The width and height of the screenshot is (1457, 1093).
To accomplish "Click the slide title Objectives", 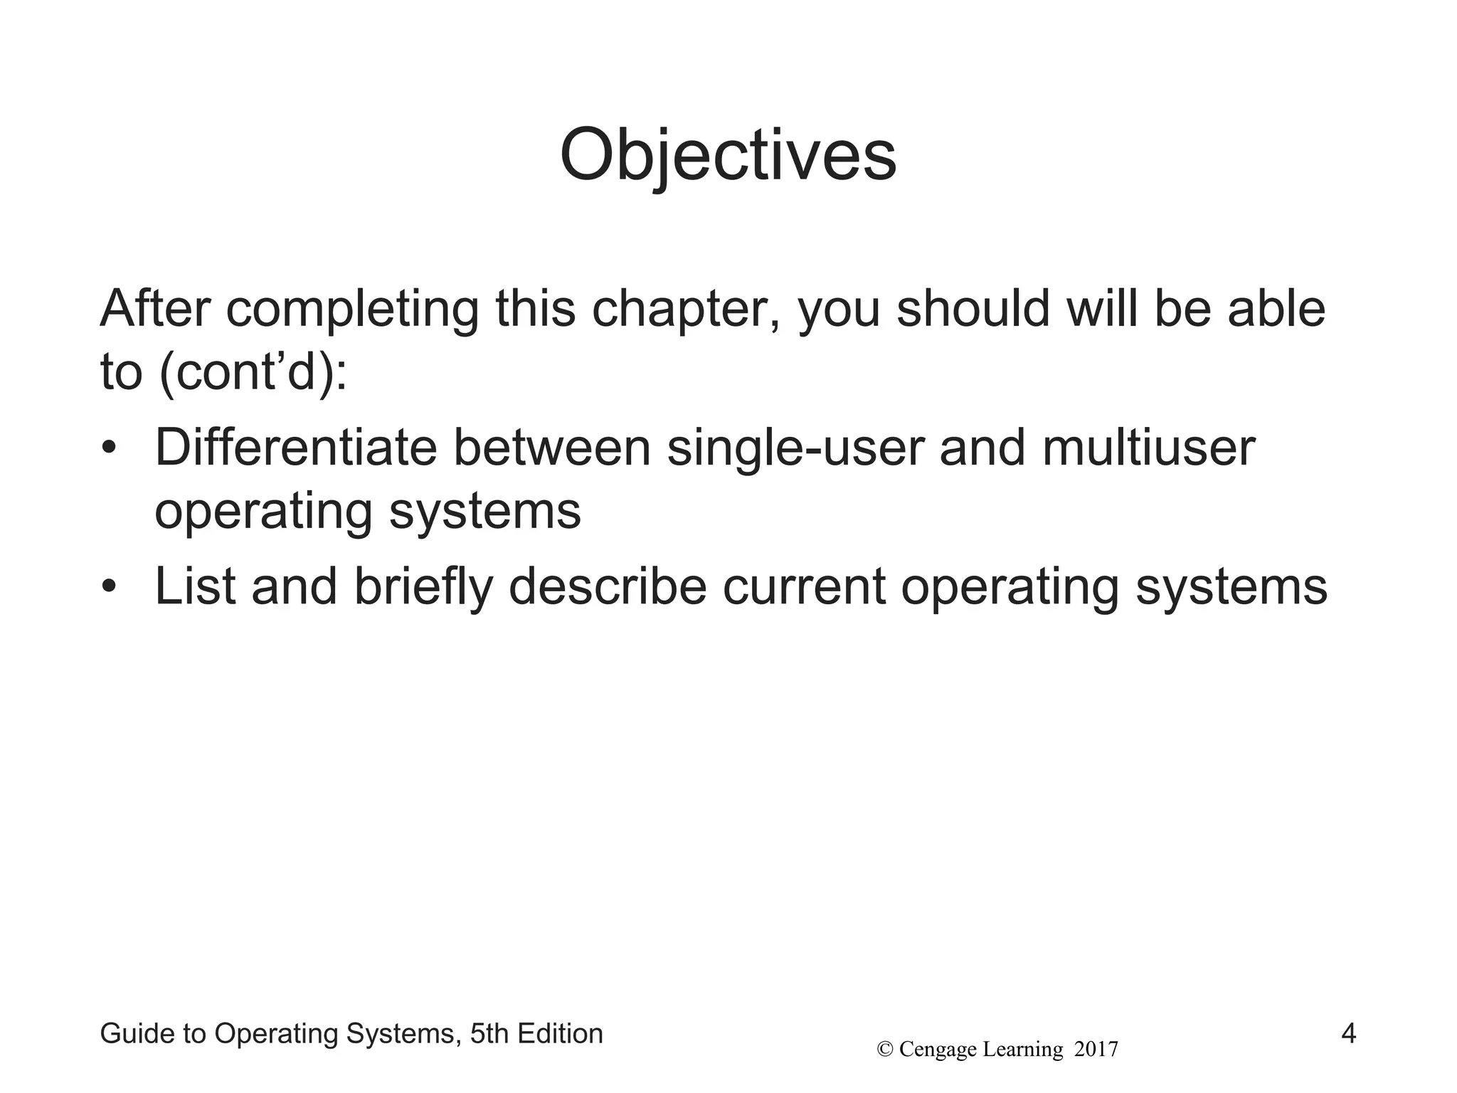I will [x=728, y=155].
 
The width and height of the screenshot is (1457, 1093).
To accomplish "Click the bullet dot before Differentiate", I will [x=108, y=449].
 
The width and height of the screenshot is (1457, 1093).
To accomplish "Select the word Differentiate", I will [x=295, y=448].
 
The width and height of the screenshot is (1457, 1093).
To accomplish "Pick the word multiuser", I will [x=1148, y=448].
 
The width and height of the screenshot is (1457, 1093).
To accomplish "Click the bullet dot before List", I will [x=108, y=588].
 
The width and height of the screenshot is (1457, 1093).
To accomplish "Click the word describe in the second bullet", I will [x=608, y=587].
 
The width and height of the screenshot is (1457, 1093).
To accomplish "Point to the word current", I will [x=804, y=588].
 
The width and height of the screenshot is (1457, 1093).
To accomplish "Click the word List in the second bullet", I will [x=195, y=587].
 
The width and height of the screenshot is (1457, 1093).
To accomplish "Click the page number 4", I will [x=1348, y=1033].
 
